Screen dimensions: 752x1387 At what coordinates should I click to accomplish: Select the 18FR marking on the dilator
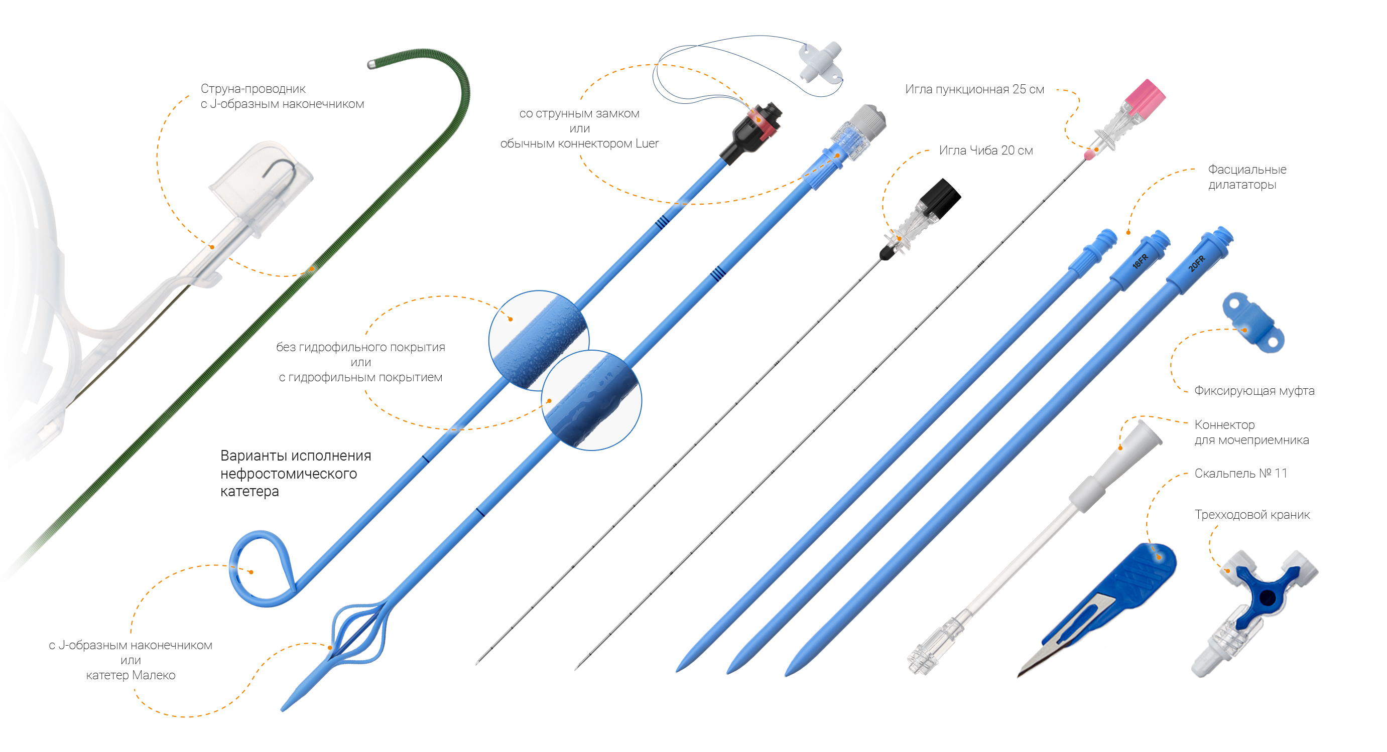(1140, 261)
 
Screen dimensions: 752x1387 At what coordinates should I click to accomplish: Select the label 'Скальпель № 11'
(1240, 474)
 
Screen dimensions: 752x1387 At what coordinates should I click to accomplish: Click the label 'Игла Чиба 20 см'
(985, 151)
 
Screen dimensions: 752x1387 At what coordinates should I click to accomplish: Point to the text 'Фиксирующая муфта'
(1254, 391)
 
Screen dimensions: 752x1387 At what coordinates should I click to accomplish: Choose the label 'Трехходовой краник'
(1252, 515)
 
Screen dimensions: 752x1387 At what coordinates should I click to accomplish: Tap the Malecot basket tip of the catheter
(358, 635)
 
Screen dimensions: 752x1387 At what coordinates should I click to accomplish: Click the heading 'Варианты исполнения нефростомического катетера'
(295, 474)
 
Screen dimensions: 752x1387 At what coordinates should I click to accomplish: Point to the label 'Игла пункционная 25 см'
(974, 89)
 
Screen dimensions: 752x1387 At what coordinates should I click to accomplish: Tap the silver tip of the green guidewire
(371, 65)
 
